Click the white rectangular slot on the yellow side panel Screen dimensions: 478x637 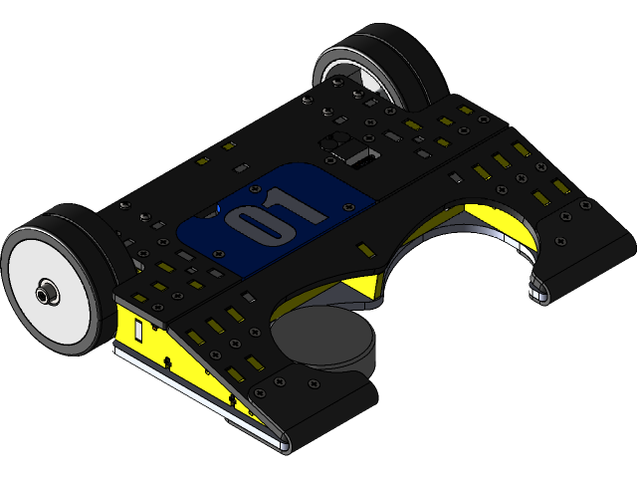tap(140, 328)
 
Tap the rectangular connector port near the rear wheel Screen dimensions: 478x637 tap(359, 156)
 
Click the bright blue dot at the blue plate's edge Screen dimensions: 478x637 tap(211, 211)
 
